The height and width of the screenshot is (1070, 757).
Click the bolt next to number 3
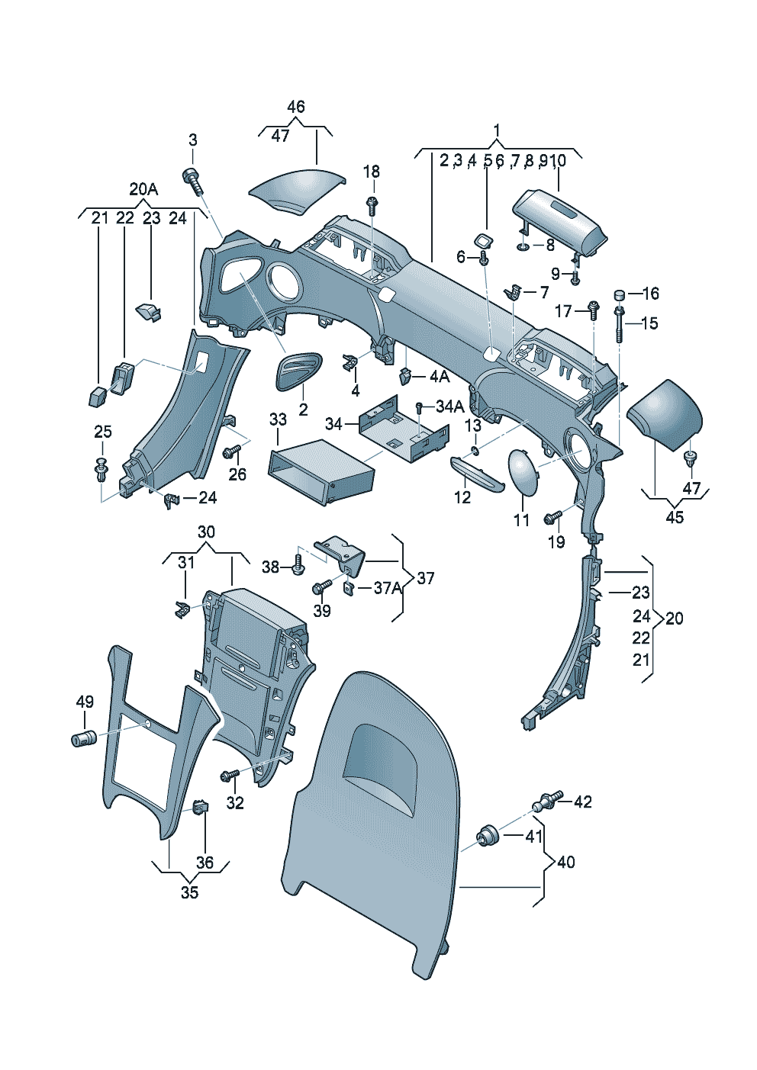pos(192,180)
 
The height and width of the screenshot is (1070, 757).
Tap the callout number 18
pos(371,172)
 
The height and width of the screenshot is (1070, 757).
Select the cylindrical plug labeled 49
pos(83,738)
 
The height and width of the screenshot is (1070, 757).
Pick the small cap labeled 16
pos(620,294)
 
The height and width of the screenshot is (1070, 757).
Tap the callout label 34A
pos(449,406)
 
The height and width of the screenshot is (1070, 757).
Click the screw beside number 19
pos(552,518)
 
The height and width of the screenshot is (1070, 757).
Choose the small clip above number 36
pos(201,806)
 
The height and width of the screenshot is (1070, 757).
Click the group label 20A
pos(143,189)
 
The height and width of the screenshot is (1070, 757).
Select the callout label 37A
pos(387,588)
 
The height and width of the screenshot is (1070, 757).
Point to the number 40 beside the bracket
pos(565,862)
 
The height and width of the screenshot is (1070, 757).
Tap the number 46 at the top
pos(295,107)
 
